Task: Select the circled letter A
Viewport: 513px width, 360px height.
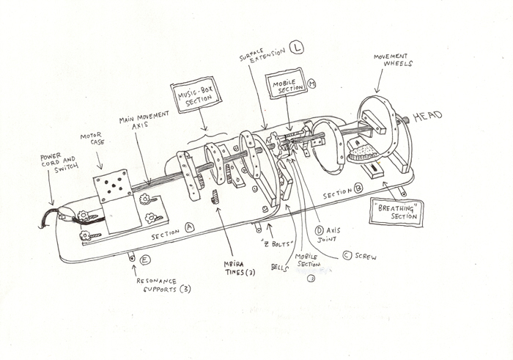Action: coord(190,228)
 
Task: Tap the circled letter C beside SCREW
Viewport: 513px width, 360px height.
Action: coord(347,255)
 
